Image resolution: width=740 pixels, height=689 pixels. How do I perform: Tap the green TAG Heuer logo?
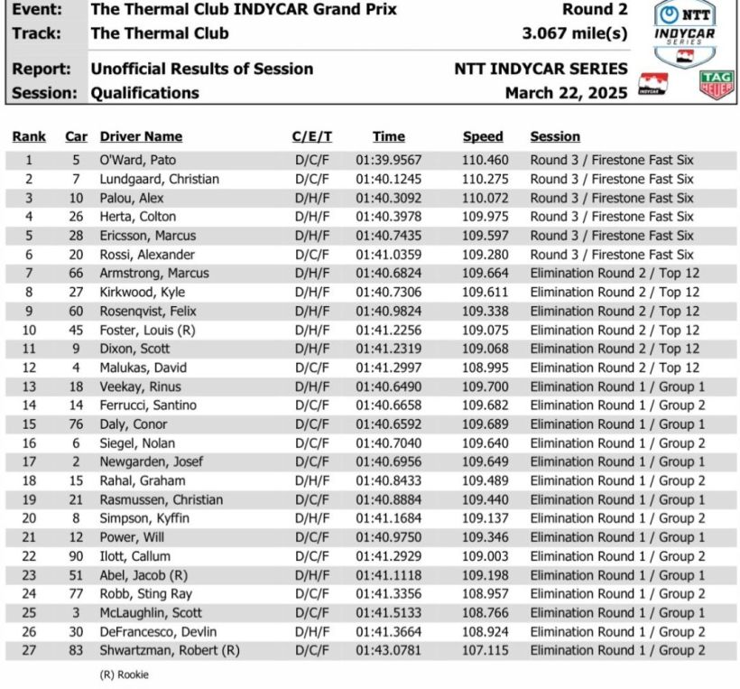[717, 85]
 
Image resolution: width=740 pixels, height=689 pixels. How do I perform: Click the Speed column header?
[483, 137]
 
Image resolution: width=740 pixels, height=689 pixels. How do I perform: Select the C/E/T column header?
[312, 137]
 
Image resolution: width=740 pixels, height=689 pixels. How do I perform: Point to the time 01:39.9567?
[388, 160]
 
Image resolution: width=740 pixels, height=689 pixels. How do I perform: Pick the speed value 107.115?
[483, 650]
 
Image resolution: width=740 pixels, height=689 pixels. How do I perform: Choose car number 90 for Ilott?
[77, 556]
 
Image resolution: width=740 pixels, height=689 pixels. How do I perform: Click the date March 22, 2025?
[566, 92]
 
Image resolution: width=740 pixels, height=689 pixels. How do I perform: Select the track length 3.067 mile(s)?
[574, 34]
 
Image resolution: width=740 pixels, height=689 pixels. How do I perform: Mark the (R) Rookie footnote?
[124, 675]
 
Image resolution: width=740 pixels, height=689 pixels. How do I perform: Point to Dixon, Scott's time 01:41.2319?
[388, 349]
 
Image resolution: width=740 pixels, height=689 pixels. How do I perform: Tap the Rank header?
[29, 137]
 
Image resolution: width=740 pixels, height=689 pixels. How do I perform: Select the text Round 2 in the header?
[595, 10]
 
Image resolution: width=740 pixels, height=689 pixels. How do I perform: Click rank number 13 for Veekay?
[29, 386]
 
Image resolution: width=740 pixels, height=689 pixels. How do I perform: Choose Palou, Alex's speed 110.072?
[483, 198]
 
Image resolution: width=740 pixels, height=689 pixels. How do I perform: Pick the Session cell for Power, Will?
[617, 537]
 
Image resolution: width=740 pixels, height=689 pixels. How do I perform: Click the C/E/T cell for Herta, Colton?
[312, 217]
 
